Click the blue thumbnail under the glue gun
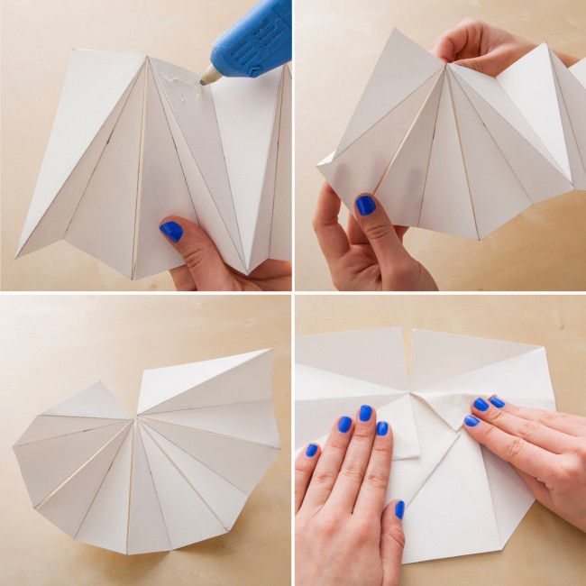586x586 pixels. [x=170, y=232]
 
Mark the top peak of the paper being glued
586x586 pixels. [x=147, y=57]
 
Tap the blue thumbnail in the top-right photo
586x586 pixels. [x=365, y=206]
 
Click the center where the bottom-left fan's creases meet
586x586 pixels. [x=137, y=417]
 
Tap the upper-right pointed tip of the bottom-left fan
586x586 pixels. [x=270, y=351]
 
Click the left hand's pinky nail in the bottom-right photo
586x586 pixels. [x=311, y=449]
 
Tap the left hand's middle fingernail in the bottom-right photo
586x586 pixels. [x=365, y=413]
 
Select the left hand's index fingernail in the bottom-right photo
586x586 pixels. [x=381, y=429]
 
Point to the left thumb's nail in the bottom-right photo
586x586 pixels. [x=398, y=509]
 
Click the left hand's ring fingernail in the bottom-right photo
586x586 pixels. [x=343, y=425]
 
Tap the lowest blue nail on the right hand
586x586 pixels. [x=471, y=421]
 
